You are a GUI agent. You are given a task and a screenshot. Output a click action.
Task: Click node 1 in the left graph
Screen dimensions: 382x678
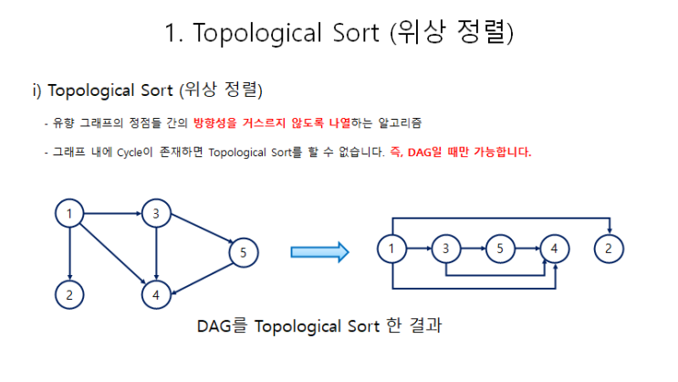(x=69, y=214)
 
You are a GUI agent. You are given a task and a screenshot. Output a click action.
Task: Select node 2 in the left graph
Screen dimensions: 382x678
(x=69, y=294)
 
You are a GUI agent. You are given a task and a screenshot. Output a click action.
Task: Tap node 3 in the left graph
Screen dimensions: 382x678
(x=156, y=214)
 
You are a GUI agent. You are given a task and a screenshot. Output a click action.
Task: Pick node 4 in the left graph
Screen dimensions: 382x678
(x=156, y=294)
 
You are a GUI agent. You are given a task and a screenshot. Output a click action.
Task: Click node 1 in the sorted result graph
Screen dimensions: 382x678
(x=391, y=248)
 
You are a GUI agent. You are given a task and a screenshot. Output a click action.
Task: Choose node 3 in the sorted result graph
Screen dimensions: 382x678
(x=445, y=248)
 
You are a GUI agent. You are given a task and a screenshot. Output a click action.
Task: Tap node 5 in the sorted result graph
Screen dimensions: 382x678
(x=499, y=248)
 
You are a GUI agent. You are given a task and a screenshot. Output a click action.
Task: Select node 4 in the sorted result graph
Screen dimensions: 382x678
(x=553, y=248)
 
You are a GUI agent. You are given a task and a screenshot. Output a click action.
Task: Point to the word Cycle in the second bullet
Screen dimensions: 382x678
(x=130, y=153)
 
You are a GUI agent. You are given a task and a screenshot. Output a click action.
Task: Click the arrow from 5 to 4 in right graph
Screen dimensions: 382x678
(x=526, y=248)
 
